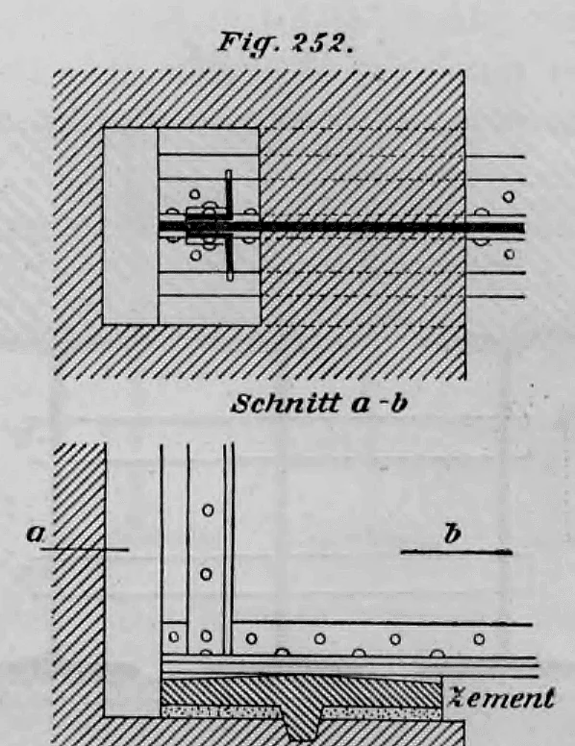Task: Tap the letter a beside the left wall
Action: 36,534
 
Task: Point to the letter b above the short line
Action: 452,534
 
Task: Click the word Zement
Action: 502,698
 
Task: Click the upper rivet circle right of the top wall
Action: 509,196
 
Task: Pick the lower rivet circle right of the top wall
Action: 510,254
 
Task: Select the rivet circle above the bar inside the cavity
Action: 194,194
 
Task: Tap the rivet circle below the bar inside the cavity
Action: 195,256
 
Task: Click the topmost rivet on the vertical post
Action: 208,510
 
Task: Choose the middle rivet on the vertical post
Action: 206,574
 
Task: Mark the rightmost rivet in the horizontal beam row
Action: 479,639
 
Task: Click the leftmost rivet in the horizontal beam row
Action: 174,636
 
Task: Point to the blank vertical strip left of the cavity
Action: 131,226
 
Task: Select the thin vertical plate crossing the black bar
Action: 230,226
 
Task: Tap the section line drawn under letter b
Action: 457,553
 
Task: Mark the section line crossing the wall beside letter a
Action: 85,550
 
